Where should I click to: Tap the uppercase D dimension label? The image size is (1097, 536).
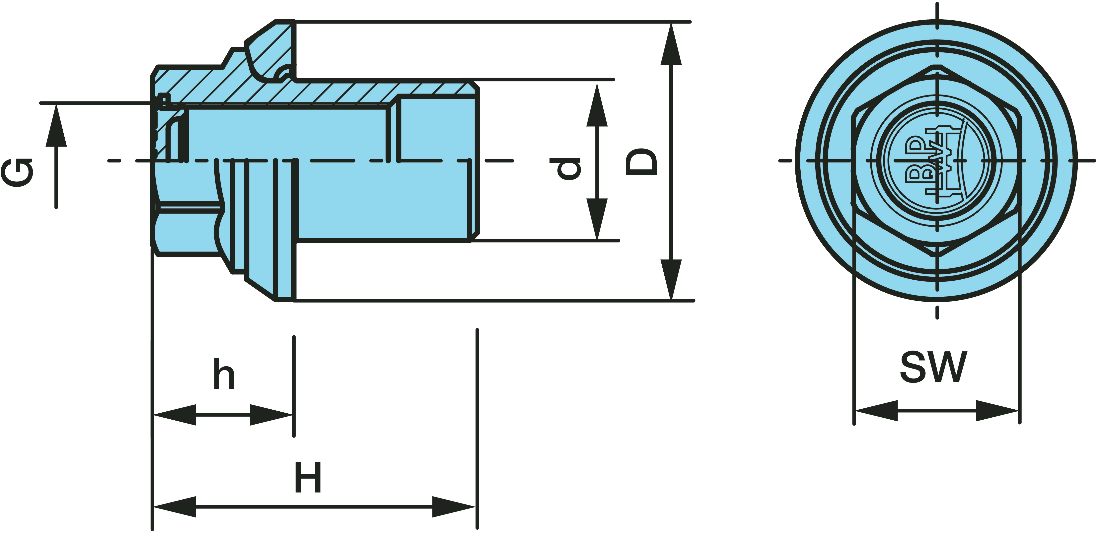[641, 162]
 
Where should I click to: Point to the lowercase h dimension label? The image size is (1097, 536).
[224, 375]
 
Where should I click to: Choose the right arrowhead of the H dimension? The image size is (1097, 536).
[454, 507]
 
